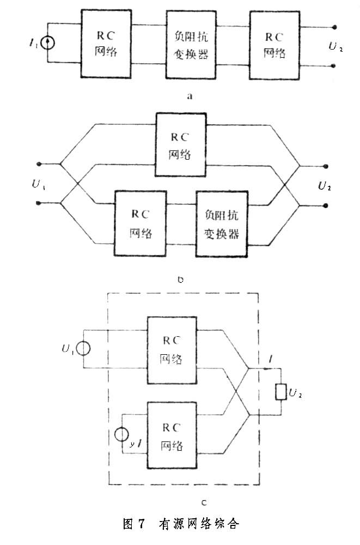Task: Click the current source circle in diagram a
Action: [48, 44]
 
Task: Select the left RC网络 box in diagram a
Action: [106, 44]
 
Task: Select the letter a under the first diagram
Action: [190, 96]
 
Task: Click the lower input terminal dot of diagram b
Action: [39, 203]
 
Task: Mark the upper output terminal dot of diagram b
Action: [326, 166]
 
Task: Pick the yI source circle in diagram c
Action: [123, 435]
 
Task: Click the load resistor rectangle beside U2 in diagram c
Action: [281, 392]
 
